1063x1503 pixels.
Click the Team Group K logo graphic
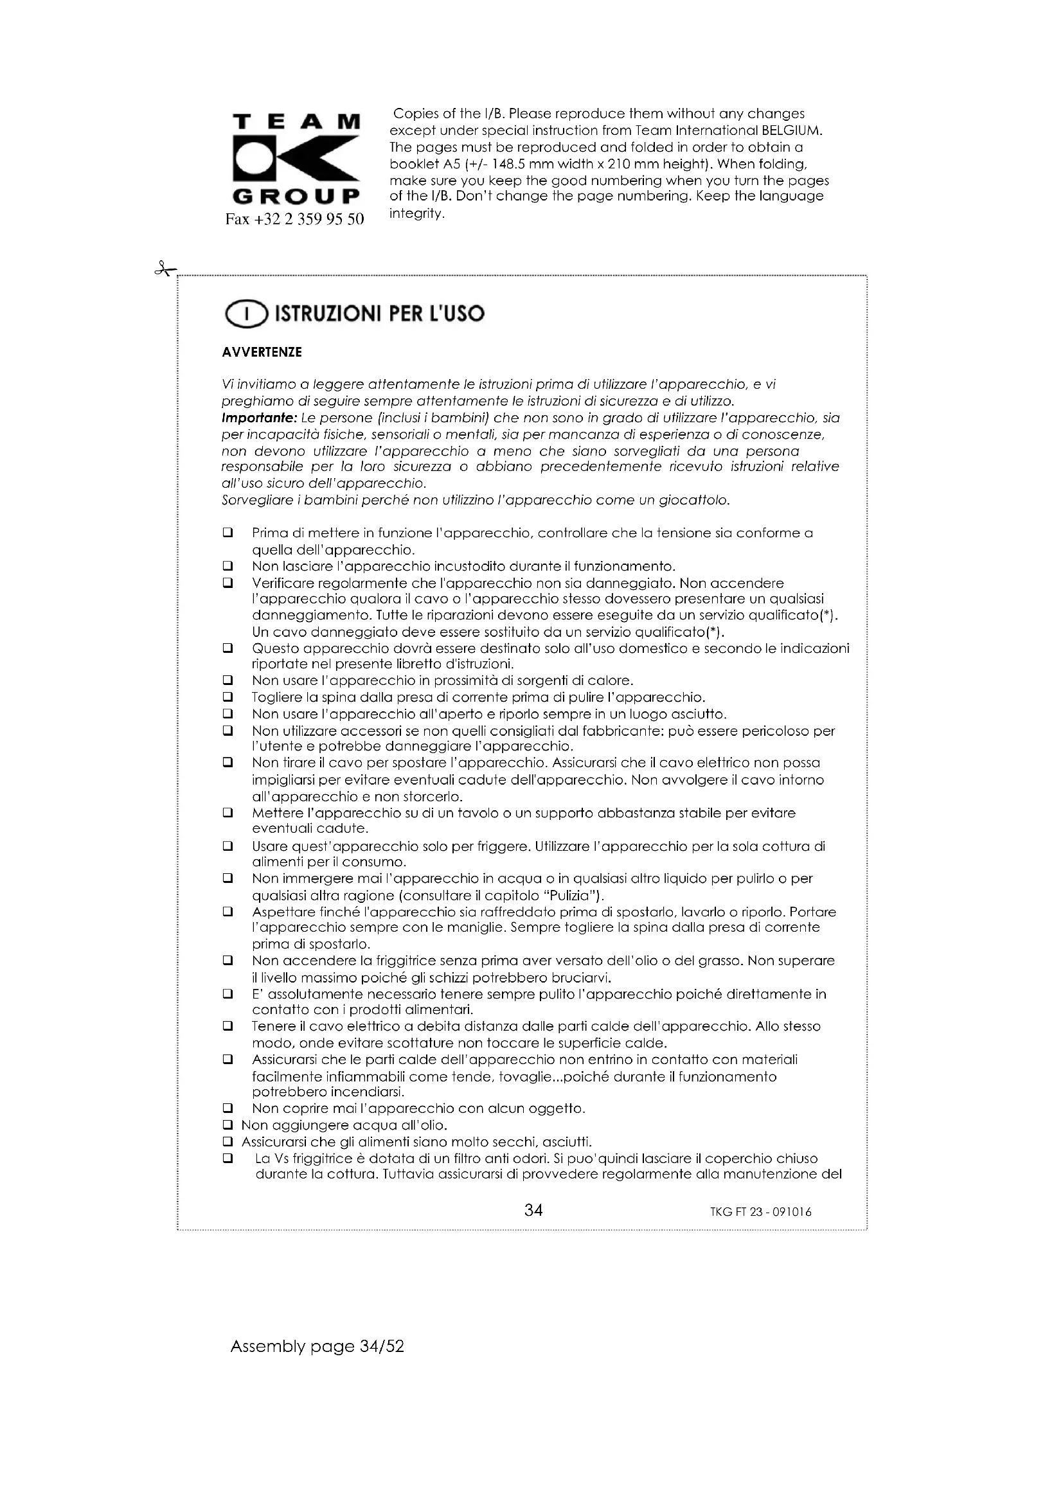tap(296, 159)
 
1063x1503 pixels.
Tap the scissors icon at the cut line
tap(165, 269)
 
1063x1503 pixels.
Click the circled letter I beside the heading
tap(246, 315)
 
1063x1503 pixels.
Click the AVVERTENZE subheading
tap(262, 352)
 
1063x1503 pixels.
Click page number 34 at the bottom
tap(533, 1210)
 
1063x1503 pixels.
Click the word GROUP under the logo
tap(296, 197)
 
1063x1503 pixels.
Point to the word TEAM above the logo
tap(296, 121)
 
